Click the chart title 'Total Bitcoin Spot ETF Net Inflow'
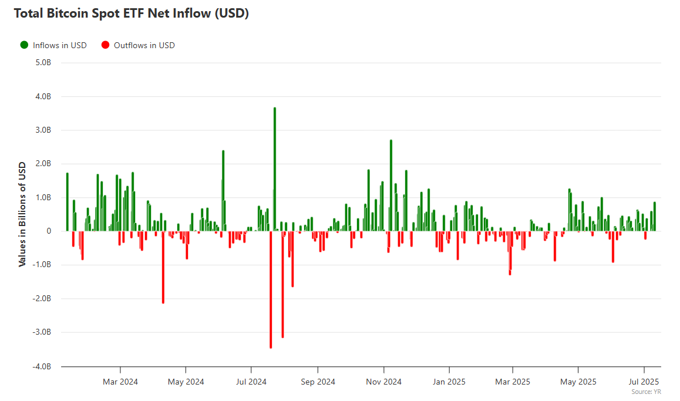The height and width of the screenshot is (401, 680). coord(131,14)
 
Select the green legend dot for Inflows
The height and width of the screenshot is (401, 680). coord(24,45)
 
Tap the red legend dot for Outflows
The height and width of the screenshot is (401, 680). coord(106,45)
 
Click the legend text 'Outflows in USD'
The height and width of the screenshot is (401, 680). coord(144,45)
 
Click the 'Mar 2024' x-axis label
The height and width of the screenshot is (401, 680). coord(120,382)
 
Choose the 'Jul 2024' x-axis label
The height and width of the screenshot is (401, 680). coord(251,382)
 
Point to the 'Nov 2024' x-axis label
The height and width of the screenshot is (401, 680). coord(383,382)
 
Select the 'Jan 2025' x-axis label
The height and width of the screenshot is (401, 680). coord(449,382)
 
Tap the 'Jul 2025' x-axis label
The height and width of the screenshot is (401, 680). coord(644,382)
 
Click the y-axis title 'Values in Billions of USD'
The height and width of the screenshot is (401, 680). coord(22,214)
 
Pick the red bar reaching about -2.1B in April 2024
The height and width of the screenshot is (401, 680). coord(163,267)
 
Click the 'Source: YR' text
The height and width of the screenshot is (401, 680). coord(646,392)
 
